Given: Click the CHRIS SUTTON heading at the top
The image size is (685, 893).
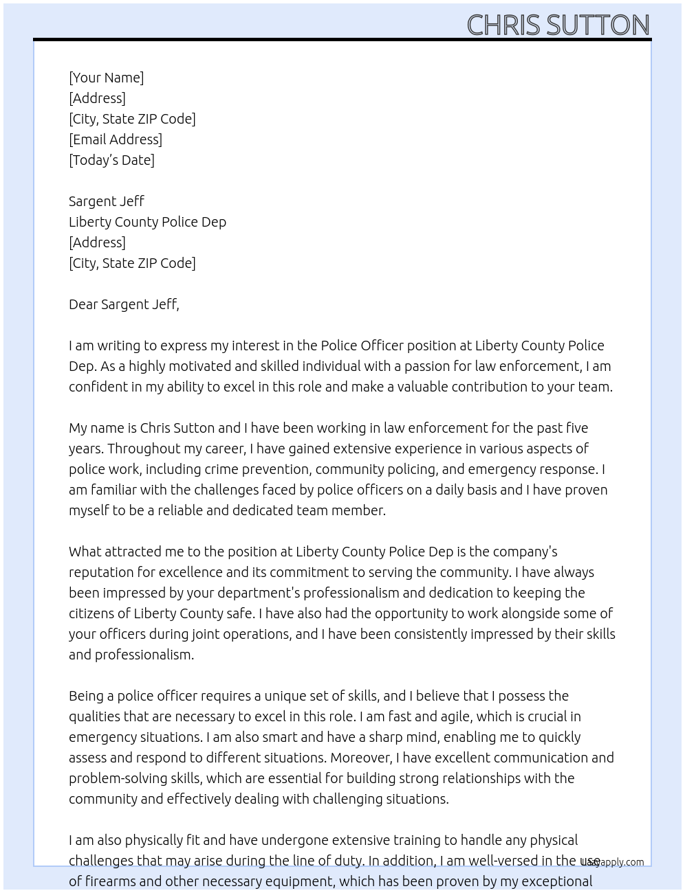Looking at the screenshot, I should (558, 25).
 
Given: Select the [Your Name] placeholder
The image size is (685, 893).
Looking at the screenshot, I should (106, 78).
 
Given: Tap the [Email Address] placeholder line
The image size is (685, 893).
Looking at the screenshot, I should (116, 139).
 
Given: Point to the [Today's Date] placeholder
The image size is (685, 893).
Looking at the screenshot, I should (111, 160).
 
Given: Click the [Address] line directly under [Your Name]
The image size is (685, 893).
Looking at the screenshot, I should (97, 98).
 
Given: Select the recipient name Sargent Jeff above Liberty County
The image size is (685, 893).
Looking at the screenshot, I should (106, 201).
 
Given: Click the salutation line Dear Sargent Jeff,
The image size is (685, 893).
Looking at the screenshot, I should (124, 304).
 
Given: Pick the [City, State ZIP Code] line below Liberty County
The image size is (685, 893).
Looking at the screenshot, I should (132, 263).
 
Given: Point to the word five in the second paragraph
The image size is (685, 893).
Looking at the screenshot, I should (576, 428).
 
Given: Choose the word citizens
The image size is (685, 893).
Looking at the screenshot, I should (92, 613).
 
